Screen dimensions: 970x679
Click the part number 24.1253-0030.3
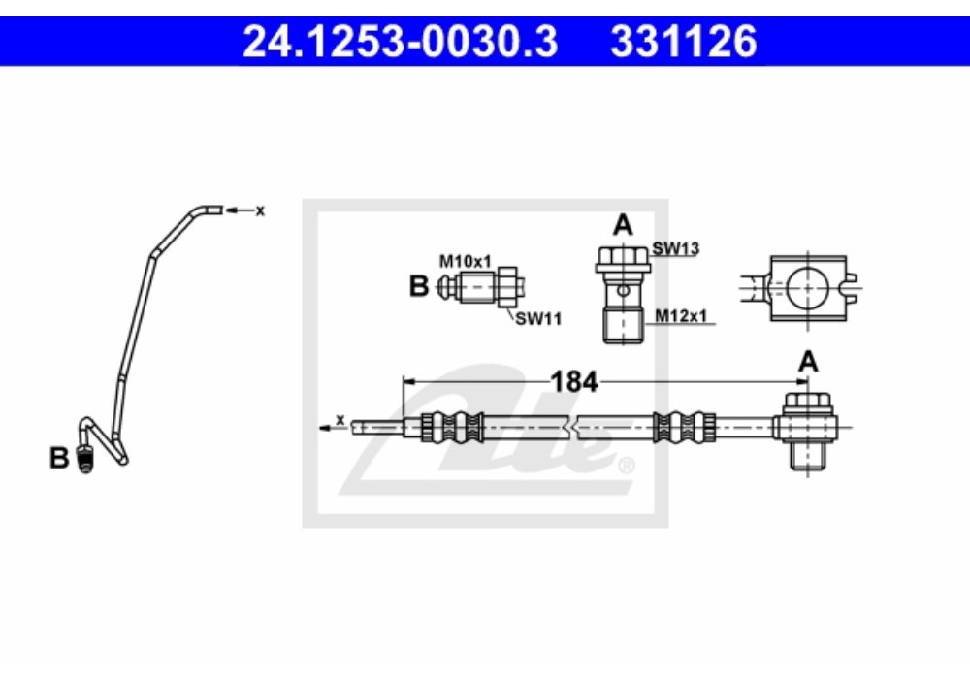click(401, 42)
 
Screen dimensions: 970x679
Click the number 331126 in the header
click(684, 42)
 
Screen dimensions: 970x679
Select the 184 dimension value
click(574, 382)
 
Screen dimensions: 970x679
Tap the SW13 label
click(675, 248)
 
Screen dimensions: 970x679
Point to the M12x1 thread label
click(681, 316)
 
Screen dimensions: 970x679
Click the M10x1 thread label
click(466, 262)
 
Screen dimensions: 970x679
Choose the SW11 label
click(538, 319)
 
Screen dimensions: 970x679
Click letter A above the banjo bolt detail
click(623, 225)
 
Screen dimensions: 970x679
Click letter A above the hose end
click(809, 362)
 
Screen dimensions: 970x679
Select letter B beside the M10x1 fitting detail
click(419, 286)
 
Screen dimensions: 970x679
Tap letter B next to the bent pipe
click(59, 458)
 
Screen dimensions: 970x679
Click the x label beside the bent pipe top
click(260, 210)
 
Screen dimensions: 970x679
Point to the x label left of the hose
click(339, 420)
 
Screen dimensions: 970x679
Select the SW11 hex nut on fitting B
click(507, 287)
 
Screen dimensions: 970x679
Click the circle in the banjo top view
click(807, 288)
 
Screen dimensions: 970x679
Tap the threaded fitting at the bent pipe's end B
click(85, 460)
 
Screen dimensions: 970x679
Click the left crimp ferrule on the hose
click(452, 427)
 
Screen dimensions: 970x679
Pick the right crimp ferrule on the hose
click(685, 427)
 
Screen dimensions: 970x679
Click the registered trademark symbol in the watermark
click(626, 465)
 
